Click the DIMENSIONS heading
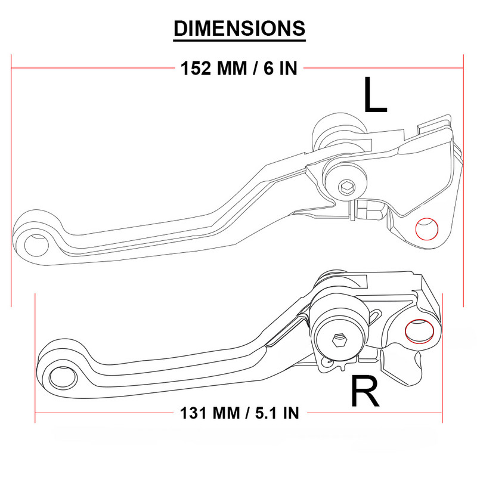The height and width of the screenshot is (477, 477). click(x=239, y=27)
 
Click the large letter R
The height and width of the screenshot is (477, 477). click(x=365, y=391)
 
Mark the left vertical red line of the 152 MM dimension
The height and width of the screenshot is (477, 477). click(x=11, y=179)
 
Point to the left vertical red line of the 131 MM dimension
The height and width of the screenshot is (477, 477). click(x=36, y=358)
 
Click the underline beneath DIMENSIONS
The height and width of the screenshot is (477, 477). click(x=239, y=40)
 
